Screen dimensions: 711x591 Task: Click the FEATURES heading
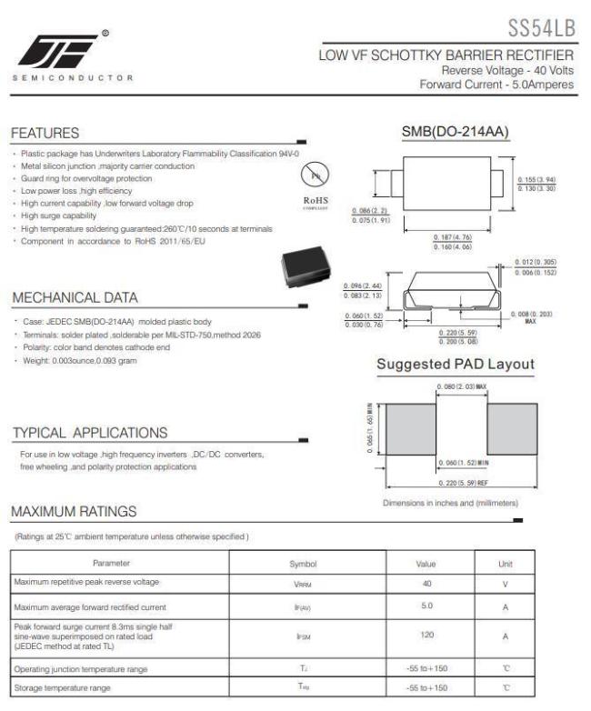pos(45,134)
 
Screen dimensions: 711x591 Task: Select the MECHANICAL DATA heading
pos(75,297)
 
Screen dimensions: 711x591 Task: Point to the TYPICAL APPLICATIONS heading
pos(89,432)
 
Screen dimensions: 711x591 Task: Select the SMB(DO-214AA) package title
pos(456,133)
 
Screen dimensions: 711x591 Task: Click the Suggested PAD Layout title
pos(456,365)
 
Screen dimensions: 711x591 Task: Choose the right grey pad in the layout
pos(513,426)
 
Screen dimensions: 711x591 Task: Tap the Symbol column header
pos(302,564)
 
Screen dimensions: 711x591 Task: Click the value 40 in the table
pos(426,583)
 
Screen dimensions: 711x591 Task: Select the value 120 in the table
pos(426,636)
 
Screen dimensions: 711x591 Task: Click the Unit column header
pos(506,564)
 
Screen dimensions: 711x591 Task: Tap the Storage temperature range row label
pos(63,688)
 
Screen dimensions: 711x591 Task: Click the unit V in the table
pos(506,583)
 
